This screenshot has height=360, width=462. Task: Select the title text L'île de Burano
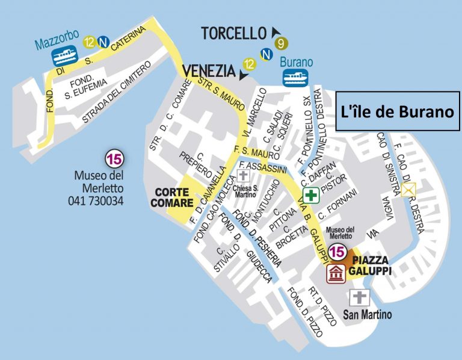(396, 111)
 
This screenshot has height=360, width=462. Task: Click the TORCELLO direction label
(233, 33)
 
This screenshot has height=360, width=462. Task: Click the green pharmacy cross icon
(311, 196)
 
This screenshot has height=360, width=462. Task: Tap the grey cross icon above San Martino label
(359, 297)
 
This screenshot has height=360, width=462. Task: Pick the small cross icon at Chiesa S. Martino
(243, 176)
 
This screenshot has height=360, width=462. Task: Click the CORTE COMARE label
(174, 197)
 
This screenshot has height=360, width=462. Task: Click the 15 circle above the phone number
(113, 160)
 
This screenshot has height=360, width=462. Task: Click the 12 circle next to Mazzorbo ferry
(90, 42)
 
